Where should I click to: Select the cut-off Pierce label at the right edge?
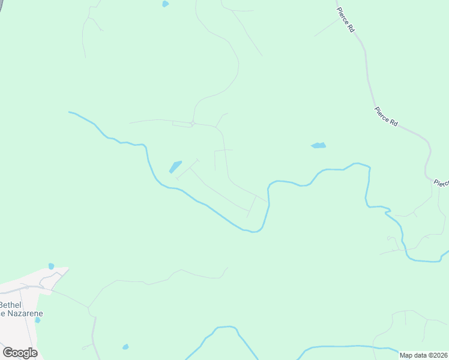(441, 183)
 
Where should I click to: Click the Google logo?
(20, 353)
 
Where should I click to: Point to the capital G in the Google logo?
(8, 353)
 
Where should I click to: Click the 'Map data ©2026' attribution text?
(423, 355)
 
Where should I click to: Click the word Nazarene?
(24, 313)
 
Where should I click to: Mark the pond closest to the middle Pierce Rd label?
(318, 145)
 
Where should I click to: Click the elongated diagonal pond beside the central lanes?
(175, 166)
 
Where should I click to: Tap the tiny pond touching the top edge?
(165, 4)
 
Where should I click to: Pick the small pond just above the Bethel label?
(51, 266)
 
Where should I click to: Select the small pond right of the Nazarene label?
(38, 320)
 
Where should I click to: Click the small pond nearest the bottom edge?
(125, 347)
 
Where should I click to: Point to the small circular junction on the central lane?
(192, 123)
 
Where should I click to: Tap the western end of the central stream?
(70, 112)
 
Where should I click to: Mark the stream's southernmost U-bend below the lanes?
(255, 230)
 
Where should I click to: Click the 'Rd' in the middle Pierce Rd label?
(394, 122)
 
